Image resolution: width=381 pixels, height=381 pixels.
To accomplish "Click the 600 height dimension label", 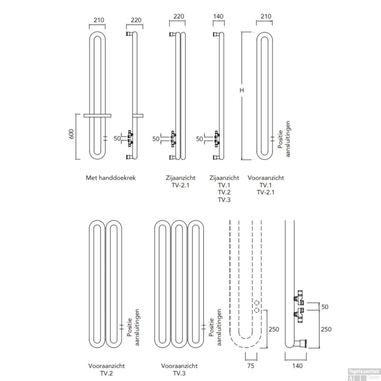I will [71, 134].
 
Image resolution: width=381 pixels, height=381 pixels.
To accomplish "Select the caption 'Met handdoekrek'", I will [110, 178].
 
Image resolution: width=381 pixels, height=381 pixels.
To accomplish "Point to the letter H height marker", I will [242, 90].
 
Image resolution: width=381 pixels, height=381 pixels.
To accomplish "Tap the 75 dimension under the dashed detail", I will [250, 366].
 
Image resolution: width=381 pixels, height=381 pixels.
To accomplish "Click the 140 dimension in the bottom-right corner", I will [297, 366].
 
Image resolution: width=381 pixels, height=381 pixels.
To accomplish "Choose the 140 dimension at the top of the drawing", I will [218, 16].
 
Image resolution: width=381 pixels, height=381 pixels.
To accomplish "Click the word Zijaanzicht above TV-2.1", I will [181, 178].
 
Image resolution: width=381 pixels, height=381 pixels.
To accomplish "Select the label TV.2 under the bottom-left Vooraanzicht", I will [106, 373].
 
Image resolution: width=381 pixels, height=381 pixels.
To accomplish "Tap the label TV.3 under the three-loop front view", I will [179, 373].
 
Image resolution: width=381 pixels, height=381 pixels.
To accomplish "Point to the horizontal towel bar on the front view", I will [97, 116].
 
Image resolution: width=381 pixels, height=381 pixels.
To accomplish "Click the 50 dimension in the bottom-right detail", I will [325, 307].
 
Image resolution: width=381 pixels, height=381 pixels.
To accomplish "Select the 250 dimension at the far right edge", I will [326, 329].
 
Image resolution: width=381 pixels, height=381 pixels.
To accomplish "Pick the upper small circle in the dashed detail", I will [257, 303].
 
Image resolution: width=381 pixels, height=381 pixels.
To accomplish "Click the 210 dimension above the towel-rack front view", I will [99, 20].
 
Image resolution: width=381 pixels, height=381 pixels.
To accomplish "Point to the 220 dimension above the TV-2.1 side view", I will [179, 16].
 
